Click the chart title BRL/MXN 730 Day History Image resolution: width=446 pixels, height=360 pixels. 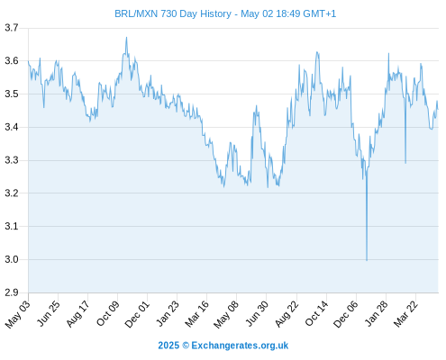click(x=173, y=13)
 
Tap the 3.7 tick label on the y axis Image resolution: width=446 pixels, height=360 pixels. click(x=12, y=28)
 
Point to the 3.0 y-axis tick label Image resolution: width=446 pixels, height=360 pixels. click(x=12, y=259)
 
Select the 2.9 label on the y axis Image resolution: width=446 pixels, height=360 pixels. click(x=12, y=292)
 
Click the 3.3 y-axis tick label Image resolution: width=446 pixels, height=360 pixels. click(x=12, y=160)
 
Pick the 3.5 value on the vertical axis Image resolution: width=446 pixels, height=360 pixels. click(x=12, y=94)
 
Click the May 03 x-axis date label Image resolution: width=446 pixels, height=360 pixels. click(x=18, y=313)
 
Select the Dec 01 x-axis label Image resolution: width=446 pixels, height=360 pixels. click(x=137, y=313)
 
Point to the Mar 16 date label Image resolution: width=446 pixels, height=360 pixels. click(x=197, y=313)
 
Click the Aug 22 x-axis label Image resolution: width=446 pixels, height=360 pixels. click(x=287, y=313)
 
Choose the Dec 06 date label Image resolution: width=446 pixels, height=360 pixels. click(x=346, y=313)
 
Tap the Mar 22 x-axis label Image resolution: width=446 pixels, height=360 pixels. click(x=405, y=313)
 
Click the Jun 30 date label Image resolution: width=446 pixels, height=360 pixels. click(x=257, y=313)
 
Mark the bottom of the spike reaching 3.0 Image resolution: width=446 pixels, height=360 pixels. click(x=367, y=260)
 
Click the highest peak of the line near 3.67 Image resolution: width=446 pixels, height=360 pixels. click(x=126, y=38)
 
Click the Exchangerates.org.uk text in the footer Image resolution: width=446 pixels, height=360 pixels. click(x=240, y=346)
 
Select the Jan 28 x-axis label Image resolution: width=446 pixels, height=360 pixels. click(x=377, y=313)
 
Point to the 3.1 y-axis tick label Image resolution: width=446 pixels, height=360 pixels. click(x=12, y=226)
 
